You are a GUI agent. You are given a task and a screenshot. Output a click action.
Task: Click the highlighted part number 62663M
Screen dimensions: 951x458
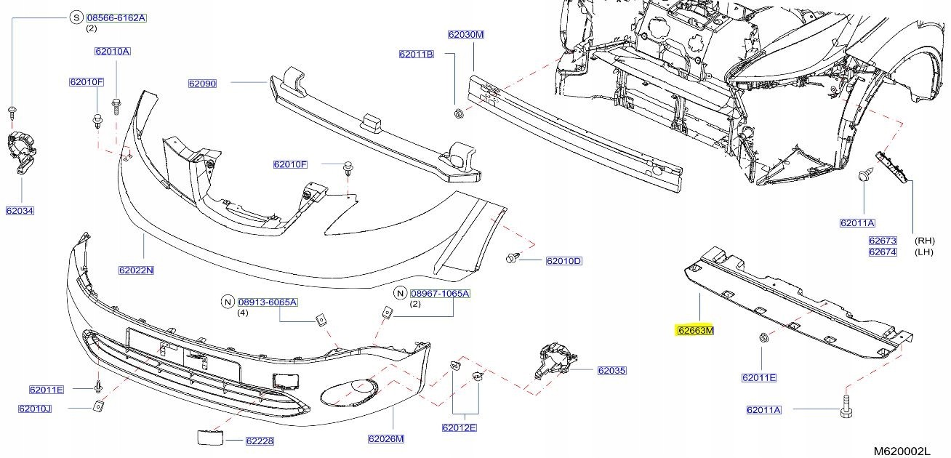click(696, 330)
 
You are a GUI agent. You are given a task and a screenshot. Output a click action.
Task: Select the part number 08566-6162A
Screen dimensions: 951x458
click(116, 18)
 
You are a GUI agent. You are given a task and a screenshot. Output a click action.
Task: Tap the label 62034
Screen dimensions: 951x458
click(20, 211)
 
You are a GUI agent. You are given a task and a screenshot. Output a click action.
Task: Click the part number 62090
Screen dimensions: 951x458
click(203, 84)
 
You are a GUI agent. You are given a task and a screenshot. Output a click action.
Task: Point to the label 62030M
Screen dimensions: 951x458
click(466, 34)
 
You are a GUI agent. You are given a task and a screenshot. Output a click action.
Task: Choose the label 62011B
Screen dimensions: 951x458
click(417, 54)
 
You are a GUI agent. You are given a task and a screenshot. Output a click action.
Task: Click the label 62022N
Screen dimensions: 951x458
click(136, 270)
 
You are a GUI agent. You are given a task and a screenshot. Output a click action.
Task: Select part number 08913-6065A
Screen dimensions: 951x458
click(268, 302)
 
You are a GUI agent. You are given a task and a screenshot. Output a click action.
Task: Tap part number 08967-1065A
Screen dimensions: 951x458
click(440, 293)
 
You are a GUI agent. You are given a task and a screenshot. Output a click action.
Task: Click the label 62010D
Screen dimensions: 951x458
click(563, 260)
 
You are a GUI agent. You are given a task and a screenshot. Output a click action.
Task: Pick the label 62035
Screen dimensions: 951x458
click(611, 371)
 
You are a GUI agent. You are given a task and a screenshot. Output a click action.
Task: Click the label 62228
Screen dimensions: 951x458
click(260, 441)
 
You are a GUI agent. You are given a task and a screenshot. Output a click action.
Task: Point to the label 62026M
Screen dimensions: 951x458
click(386, 439)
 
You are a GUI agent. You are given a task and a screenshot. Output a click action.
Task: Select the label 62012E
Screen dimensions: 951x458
click(459, 427)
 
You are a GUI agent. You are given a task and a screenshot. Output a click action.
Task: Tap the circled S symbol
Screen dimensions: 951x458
click(76, 17)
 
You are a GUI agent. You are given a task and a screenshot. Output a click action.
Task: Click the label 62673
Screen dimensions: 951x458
click(883, 241)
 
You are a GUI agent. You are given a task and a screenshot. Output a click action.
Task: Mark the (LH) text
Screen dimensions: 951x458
click(924, 252)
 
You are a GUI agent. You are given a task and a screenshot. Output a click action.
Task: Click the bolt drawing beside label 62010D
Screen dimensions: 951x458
click(513, 257)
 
